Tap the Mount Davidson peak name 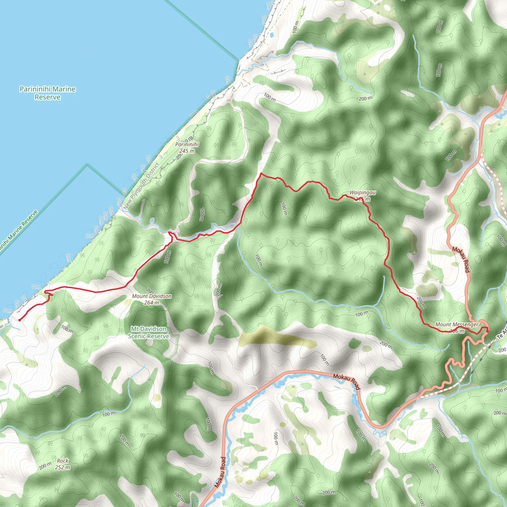(x=152, y=296)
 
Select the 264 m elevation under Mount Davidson (x=152, y=303)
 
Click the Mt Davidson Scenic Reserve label (x=149, y=332)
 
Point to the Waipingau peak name (x=362, y=193)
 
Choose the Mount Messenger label (x=456, y=324)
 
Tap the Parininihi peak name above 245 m (x=187, y=144)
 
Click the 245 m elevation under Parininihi (x=187, y=151)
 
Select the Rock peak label (x=62, y=461)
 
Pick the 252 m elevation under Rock (x=62, y=467)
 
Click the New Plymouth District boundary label (x=141, y=186)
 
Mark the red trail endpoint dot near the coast (x=20, y=320)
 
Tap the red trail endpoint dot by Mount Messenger (x=487, y=331)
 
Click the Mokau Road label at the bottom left (x=220, y=472)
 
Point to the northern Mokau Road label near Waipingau (x=461, y=259)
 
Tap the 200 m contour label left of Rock (x=45, y=466)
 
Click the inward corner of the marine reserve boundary (x=87, y=165)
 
